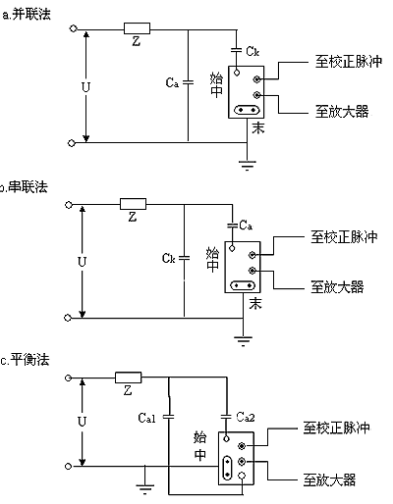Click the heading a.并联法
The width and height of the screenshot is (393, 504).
pyautogui.click(x=27, y=15)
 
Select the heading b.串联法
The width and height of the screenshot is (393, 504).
pyautogui.click(x=24, y=187)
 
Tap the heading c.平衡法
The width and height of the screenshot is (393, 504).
pyautogui.click(x=25, y=360)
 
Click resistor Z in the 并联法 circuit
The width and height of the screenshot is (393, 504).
pyautogui.click(x=137, y=28)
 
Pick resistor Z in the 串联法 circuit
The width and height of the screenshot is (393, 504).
pyautogui.click(x=133, y=204)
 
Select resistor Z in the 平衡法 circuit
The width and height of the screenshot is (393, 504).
pyautogui.click(x=129, y=378)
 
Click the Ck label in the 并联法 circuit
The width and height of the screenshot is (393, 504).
pyautogui.click(x=253, y=51)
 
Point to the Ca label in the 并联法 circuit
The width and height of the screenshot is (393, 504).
pyautogui.click(x=172, y=82)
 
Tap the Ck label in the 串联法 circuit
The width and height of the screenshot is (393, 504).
pyautogui.click(x=169, y=258)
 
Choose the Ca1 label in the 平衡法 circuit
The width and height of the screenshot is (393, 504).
pyautogui.click(x=146, y=418)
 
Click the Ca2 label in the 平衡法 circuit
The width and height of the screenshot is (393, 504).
pyautogui.click(x=246, y=417)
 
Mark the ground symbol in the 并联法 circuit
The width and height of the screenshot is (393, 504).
pyautogui.click(x=248, y=165)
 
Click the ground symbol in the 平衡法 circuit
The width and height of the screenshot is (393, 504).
pyautogui.click(x=145, y=489)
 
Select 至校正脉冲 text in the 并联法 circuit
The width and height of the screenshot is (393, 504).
pyautogui.click(x=349, y=62)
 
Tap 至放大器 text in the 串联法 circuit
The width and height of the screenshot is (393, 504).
pyautogui.click(x=337, y=287)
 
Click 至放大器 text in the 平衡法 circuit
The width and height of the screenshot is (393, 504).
pyautogui.click(x=329, y=479)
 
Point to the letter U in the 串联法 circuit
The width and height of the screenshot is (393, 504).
pyautogui.click(x=82, y=262)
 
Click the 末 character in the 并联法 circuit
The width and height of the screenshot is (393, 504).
pyautogui.click(x=258, y=128)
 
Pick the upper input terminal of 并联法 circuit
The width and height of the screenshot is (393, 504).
pyautogui.click(x=73, y=28)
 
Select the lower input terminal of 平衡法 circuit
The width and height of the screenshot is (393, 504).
pyautogui.click(x=68, y=467)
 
